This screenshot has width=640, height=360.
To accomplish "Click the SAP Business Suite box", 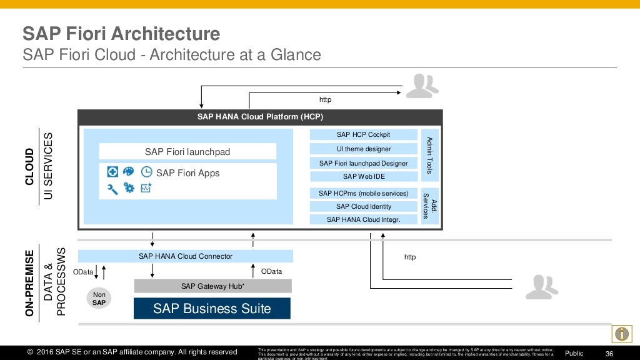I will [212, 309].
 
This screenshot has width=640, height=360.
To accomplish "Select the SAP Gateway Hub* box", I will [212, 286].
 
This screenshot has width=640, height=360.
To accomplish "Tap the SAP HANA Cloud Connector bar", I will [185, 256].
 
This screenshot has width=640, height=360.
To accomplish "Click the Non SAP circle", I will [99, 299].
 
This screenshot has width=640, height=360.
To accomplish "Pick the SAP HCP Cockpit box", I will [363, 134].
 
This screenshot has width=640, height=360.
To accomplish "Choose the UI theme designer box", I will [363, 149].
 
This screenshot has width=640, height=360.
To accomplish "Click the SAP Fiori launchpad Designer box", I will [363, 163].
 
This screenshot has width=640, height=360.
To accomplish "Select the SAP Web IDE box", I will [363, 176].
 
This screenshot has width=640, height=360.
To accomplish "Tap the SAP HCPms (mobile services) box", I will [363, 193].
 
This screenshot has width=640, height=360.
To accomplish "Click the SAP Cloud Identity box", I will [363, 206].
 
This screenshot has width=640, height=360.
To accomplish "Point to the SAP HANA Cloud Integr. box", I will [363, 219].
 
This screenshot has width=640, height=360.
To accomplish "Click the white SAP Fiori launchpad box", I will [187, 152].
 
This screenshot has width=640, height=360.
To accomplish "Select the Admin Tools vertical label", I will [429, 155].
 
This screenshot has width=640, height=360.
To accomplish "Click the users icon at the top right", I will [422, 86].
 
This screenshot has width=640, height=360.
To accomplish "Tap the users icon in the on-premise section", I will [541, 287].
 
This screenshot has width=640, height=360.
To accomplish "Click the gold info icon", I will [621, 334].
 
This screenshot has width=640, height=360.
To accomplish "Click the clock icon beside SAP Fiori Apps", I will [146, 172].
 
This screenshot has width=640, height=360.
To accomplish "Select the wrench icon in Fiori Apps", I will [112, 188].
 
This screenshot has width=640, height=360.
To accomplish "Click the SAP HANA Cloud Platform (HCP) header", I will [260, 117].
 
